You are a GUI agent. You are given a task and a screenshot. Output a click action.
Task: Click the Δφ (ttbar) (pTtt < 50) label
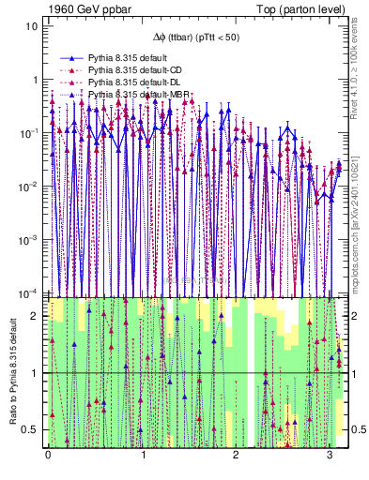click(195, 37)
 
